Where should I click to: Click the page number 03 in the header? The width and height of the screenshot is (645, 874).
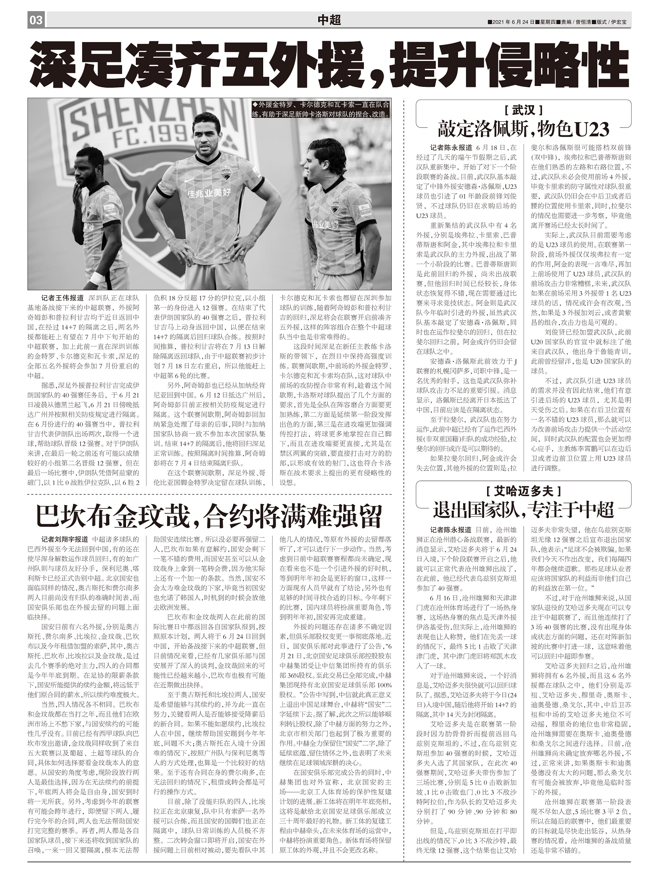(x=36, y=20)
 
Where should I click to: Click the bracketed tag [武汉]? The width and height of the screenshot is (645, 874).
(x=523, y=110)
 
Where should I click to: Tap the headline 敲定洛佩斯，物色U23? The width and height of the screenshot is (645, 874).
(x=523, y=129)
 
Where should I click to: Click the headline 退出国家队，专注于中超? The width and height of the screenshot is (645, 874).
(x=523, y=510)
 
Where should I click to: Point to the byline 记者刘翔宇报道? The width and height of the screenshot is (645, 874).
(x=64, y=539)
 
